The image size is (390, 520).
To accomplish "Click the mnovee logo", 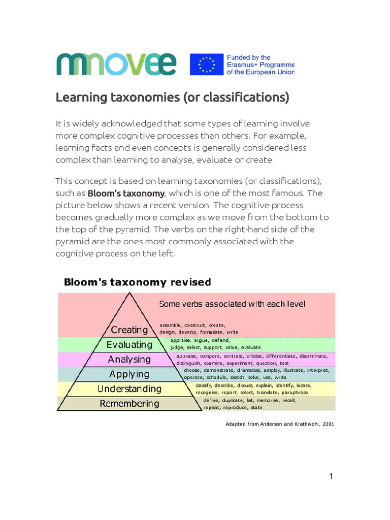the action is point(116,64).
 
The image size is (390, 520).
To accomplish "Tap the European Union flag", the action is point(207,64).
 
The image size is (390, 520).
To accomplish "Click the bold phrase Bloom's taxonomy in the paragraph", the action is point(126,193).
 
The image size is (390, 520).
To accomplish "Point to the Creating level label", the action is point(129,330).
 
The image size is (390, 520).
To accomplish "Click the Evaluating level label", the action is point(129,344).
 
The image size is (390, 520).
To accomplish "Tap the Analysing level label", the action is point(129,359).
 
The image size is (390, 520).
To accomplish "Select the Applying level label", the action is point(129,374).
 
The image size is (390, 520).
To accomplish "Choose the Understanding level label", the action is point(129,389).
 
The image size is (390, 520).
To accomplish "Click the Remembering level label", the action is point(129,404).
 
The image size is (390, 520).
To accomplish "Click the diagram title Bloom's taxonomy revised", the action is point(137,282).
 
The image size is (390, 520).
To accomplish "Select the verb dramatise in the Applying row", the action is point(247,370).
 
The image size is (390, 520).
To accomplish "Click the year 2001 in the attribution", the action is point(327,424).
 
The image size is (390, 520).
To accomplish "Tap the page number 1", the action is point(331,476).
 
